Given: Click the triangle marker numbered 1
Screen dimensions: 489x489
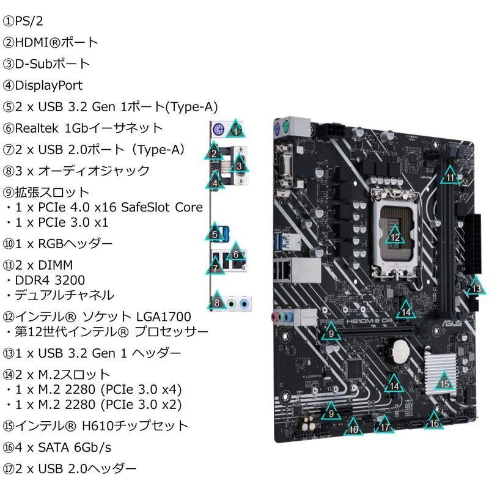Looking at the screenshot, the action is tap(236, 130).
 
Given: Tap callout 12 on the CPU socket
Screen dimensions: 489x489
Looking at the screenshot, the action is tap(395, 237).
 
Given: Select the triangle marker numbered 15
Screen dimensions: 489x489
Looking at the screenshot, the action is tap(444, 383).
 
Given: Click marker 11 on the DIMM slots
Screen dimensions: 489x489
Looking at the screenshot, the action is tap(450, 177).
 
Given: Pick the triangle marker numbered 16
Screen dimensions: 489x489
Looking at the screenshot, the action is tap(433, 422).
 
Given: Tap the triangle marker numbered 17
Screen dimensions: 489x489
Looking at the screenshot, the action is tap(384, 427).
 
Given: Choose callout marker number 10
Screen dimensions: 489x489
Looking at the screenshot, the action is tap(354, 428).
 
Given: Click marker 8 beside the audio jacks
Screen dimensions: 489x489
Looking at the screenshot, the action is tap(217, 301).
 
